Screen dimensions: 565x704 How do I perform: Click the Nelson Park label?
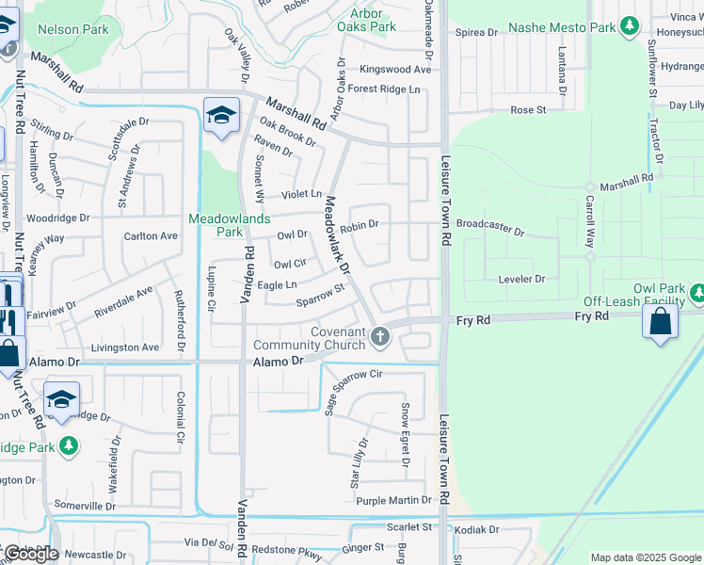click(x=72, y=29)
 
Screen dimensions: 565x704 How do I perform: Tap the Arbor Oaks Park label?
click(x=366, y=20)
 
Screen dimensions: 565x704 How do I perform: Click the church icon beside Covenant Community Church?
click(x=380, y=336)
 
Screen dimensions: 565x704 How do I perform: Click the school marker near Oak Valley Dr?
click(x=221, y=116)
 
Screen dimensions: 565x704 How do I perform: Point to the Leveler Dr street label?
click(x=520, y=279)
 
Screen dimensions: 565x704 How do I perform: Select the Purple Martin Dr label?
click(x=393, y=500)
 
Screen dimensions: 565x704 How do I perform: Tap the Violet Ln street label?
click(x=302, y=194)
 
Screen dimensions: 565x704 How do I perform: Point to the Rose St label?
click(x=528, y=110)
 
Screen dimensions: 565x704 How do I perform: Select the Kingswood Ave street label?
click(x=395, y=69)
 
